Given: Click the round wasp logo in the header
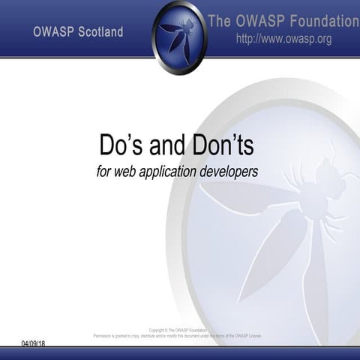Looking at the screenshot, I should pyautogui.click(x=179, y=36).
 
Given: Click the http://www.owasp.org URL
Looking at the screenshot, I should pyautogui.click(x=283, y=39).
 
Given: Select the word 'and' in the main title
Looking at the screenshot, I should pyautogui.click(x=172, y=145).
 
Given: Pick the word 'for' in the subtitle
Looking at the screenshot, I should pyautogui.click(x=105, y=172).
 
